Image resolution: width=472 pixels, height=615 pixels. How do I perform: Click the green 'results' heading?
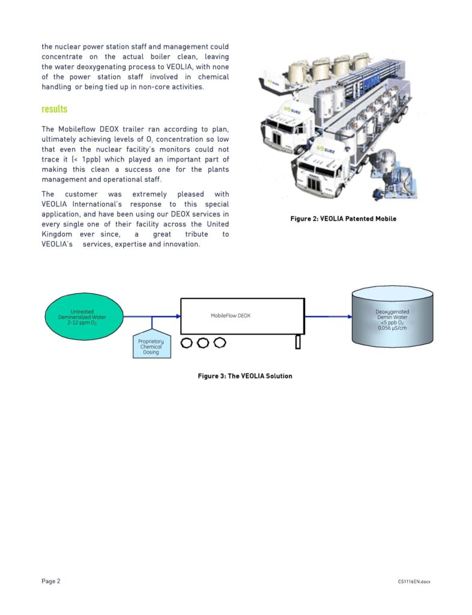(55, 109)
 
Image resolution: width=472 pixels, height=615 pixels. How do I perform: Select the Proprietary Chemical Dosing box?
(151, 347)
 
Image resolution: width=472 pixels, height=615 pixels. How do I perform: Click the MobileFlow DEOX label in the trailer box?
(230, 315)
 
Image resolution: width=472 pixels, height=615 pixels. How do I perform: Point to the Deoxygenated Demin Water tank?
(392, 317)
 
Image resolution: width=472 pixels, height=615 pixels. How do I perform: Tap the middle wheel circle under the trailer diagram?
(203, 342)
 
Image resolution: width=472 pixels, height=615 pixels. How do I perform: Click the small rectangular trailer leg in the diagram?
(297, 342)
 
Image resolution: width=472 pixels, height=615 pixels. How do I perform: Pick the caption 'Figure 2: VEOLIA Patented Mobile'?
(343, 219)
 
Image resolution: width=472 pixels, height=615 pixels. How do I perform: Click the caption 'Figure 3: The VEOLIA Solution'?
(245, 376)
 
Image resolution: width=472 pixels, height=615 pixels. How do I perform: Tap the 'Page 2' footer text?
(51, 581)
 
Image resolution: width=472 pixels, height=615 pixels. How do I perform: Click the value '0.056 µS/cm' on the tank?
(393, 328)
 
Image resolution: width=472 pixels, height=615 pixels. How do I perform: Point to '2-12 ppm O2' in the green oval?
(83, 323)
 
